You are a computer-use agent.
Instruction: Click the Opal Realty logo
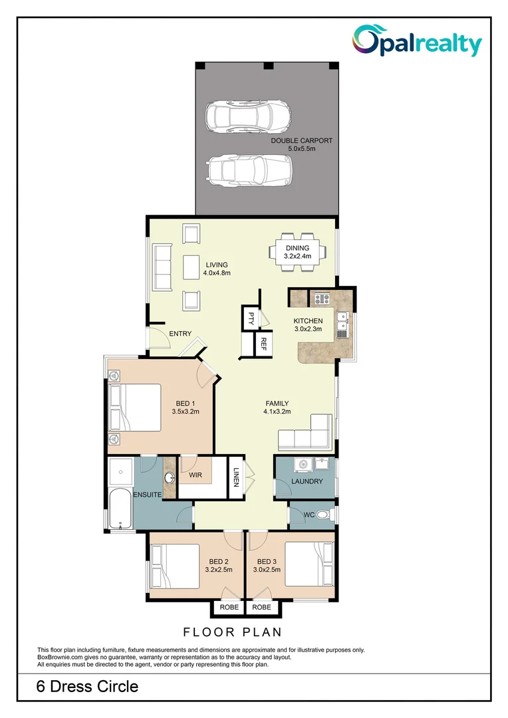tap(416, 41)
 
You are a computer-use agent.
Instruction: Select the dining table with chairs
tap(298, 252)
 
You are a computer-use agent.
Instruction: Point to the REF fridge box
tap(263, 344)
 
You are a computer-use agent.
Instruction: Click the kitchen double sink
tap(343, 324)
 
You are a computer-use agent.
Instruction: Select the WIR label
tap(195, 475)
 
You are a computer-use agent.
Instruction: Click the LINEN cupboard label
tap(235, 476)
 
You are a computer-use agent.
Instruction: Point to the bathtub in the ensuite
tap(120, 509)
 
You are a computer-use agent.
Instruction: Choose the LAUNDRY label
tap(307, 481)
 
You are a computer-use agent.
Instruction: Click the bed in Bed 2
tap(174, 565)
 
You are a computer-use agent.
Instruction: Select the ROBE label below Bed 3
tap(261, 608)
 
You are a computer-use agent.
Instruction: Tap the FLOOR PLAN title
tap(233, 632)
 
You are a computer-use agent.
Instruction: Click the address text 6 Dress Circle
tap(87, 687)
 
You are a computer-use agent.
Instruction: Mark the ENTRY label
tap(180, 334)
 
